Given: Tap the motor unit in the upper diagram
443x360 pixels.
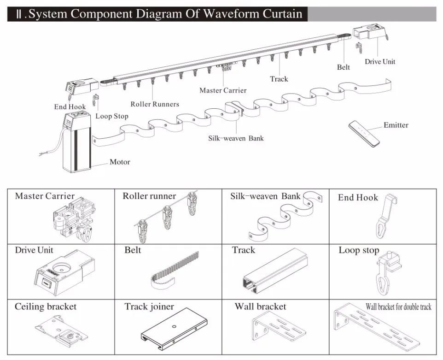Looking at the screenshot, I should click(x=77, y=142).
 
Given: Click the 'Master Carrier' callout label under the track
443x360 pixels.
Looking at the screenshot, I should click(x=223, y=90).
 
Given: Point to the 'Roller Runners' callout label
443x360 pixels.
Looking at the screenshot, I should click(x=155, y=104).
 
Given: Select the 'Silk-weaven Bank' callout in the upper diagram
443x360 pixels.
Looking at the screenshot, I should click(x=235, y=138).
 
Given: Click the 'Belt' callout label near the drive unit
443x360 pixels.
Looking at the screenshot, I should click(x=343, y=67).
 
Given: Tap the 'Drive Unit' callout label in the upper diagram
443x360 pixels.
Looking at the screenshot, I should click(x=380, y=61).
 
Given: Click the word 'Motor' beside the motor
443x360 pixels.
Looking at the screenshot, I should click(x=120, y=162).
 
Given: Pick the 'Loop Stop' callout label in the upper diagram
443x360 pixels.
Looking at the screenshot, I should click(x=112, y=116).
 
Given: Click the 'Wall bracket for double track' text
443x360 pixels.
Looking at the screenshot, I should click(x=398, y=307).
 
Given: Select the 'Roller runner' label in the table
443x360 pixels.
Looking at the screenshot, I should click(x=149, y=196).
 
